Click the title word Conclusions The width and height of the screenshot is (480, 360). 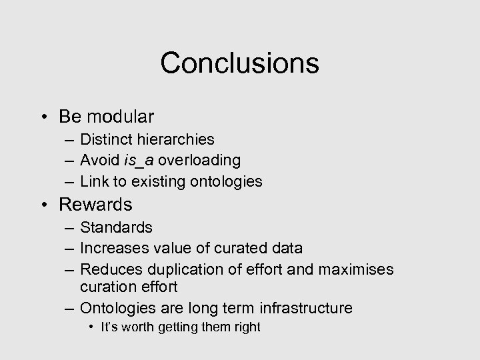point(239,63)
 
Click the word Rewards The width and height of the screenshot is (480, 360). point(95,205)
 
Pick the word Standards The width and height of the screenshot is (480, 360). point(116,227)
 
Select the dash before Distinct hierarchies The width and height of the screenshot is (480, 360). point(70,140)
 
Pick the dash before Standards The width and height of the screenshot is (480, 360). point(70,228)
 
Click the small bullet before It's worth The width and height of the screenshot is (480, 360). point(92,327)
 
